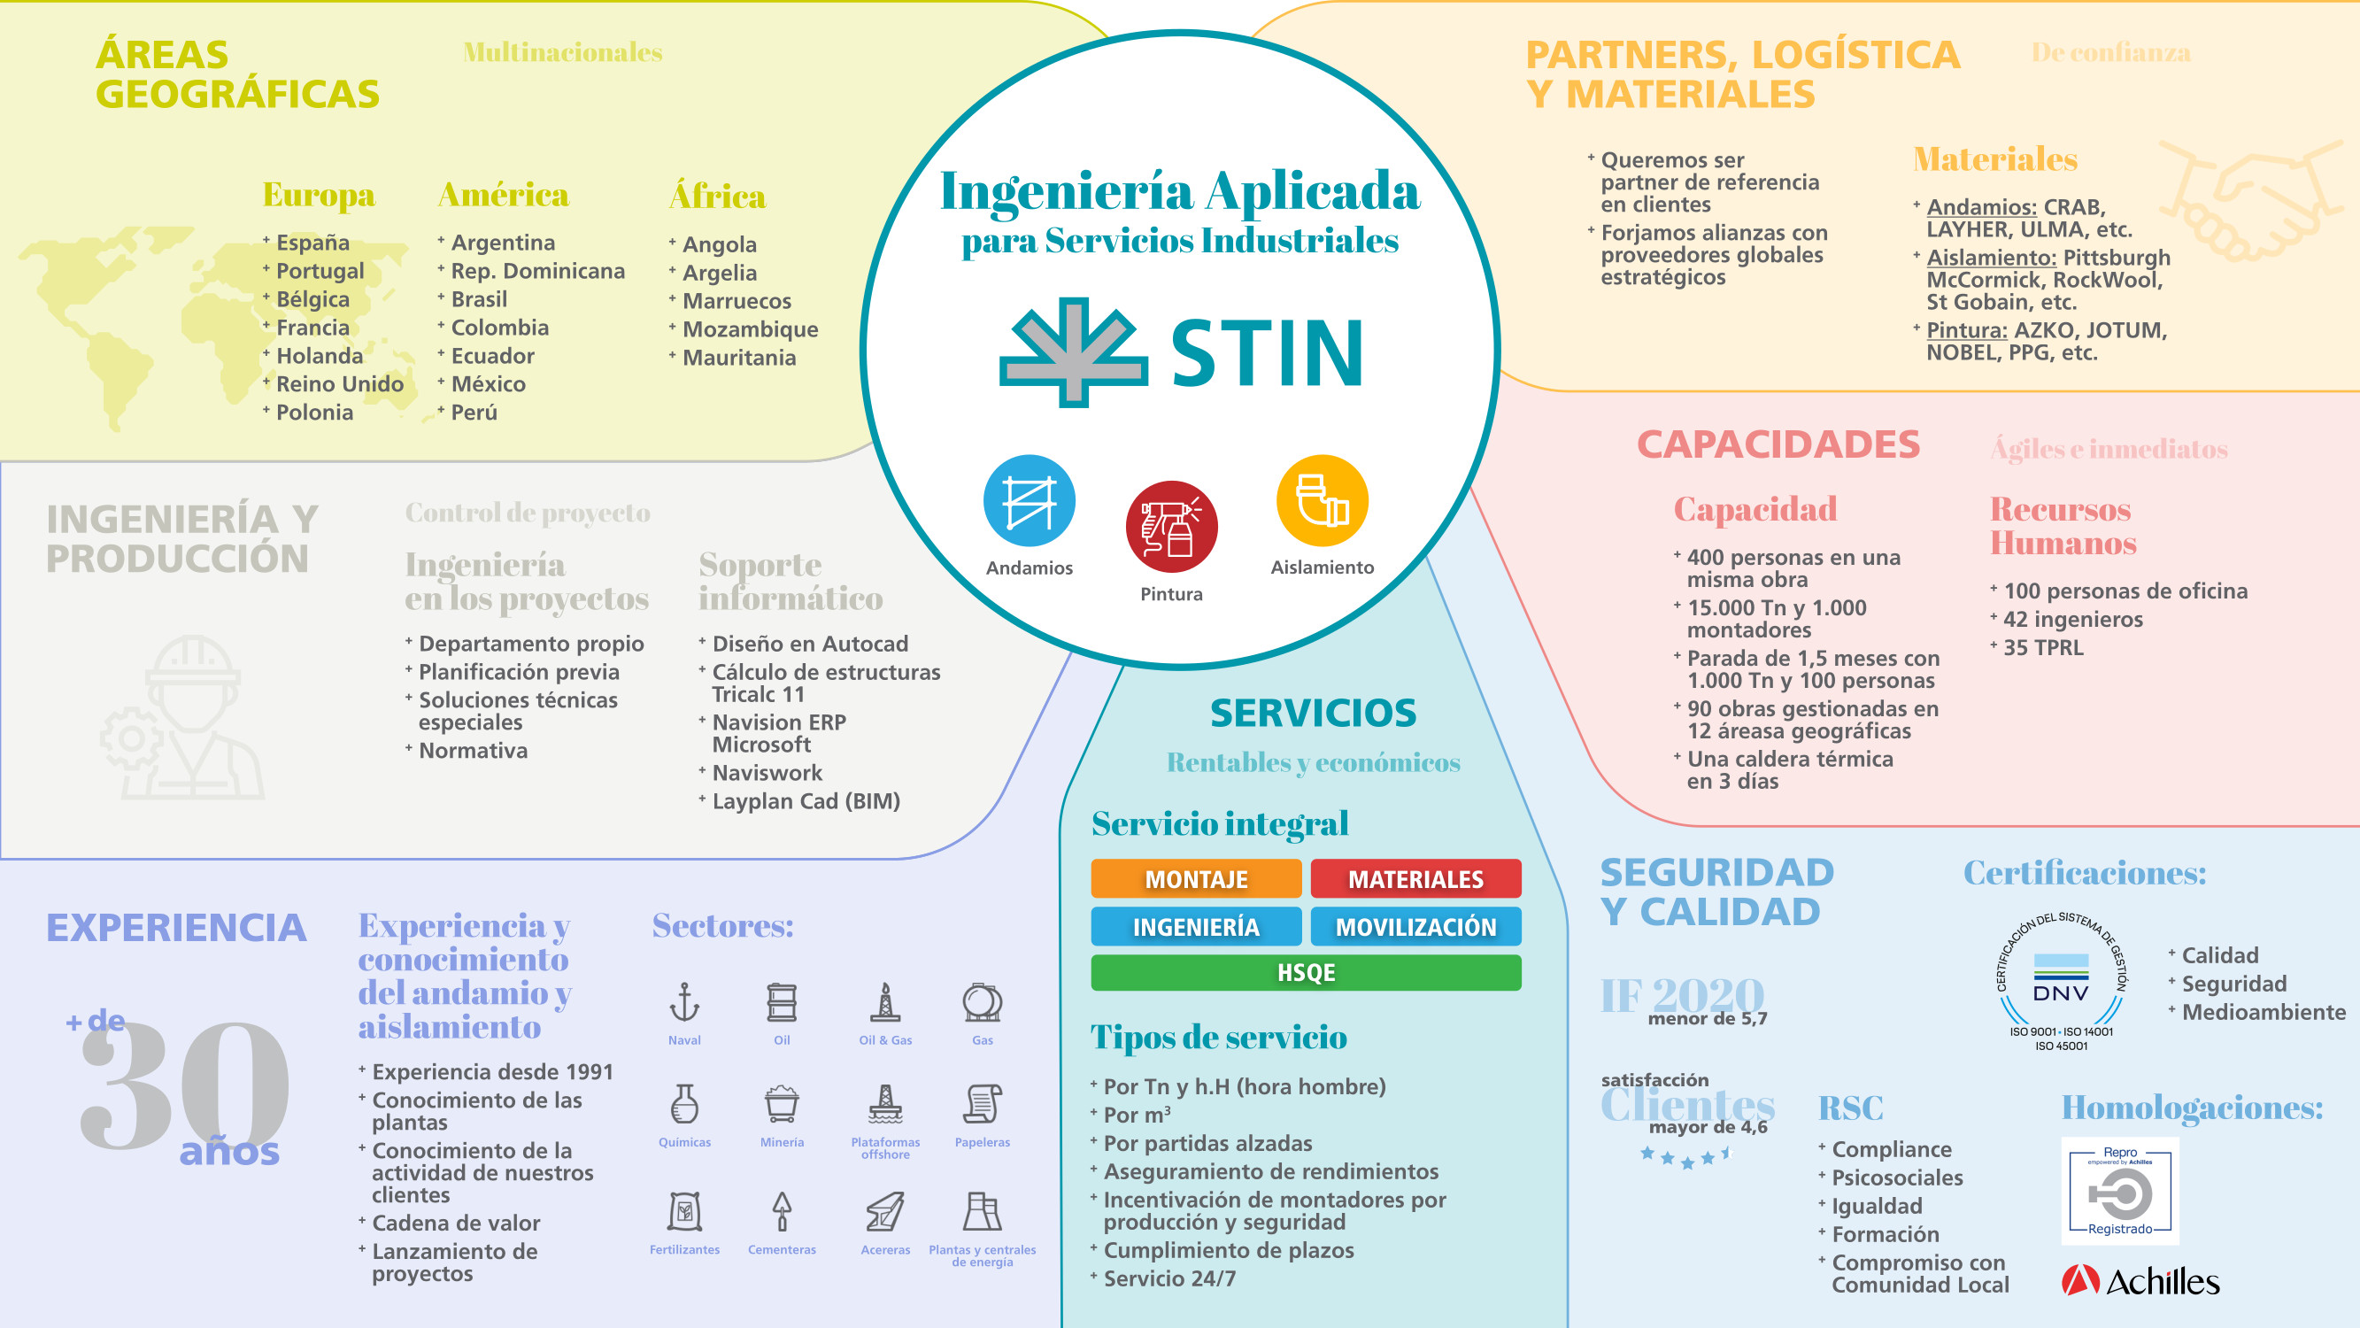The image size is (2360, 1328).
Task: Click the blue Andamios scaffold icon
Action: pyautogui.click(x=1029, y=501)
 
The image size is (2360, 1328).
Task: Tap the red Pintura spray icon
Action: pyautogui.click(x=1172, y=527)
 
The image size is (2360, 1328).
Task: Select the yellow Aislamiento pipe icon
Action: pyautogui.click(x=1322, y=501)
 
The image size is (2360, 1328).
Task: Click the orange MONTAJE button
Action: pyautogui.click(x=1196, y=879)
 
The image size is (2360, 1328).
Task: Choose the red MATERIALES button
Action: pyautogui.click(x=1415, y=879)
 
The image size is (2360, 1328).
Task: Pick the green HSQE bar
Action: pyautogui.click(x=1306, y=972)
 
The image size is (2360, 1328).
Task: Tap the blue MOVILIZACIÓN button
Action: pyautogui.click(x=1415, y=927)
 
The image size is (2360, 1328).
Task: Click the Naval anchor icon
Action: pyautogui.click(x=684, y=1001)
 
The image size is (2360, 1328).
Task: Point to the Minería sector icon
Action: pyautogui.click(x=782, y=1103)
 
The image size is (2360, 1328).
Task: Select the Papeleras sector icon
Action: pyautogui.click(x=982, y=1103)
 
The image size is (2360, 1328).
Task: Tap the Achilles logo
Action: pyautogui.click(x=2140, y=1280)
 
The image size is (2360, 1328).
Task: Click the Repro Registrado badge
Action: pyautogui.click(x=2120, y=1191)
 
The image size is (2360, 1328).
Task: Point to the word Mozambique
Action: pyautogui.click(x=751, y=329)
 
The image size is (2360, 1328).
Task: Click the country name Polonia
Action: pyautogui.click(x=314, y=413)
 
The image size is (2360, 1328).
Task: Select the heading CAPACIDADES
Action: pyautogui.click(x=1778, y=444)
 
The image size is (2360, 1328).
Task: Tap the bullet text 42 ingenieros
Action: pyautogui.click(x=2073, y=620)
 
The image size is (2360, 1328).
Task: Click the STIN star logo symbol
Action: pyautogui.click(x=1073, y=352)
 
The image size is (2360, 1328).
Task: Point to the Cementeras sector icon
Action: pyautogui.click(x=782, y=1210)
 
